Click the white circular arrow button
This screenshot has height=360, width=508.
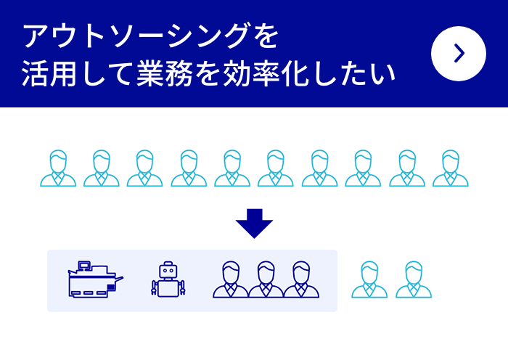[459, 53]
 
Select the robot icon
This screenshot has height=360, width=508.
[168, 279]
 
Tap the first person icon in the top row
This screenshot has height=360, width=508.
[58, 168]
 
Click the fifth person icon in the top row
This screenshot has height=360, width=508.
[232, 168]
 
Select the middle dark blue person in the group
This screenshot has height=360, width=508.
[266, 279]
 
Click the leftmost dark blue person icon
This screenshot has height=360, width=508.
[231, 279]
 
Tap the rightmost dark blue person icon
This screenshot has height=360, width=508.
[301, 279]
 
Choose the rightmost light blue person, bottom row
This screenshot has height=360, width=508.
[414, 280]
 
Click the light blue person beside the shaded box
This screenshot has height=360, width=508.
[369, 280]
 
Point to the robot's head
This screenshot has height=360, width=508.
[168, 270]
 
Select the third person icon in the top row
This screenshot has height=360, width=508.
[145, 168]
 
